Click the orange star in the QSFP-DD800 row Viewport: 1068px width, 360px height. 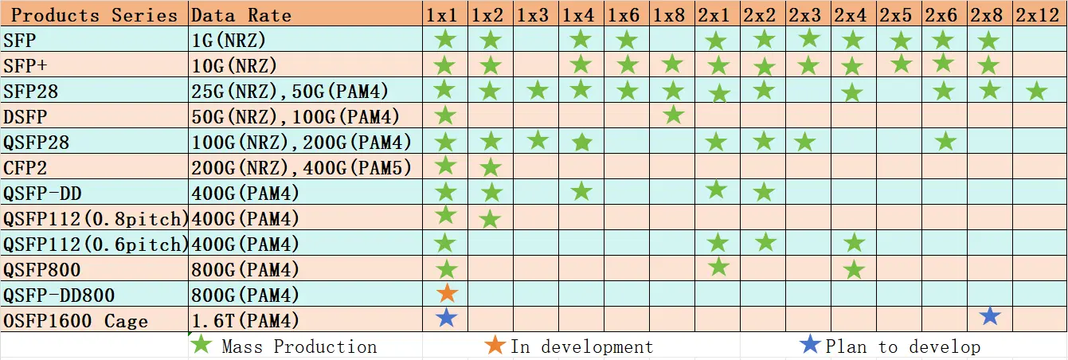click(447, 293)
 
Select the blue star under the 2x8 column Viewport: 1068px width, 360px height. click(989, 316)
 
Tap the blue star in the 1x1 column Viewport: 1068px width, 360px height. click(447, 317)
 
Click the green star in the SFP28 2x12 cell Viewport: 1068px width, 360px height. click(1036, 92)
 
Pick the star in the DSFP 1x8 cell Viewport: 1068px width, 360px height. click(673, 115)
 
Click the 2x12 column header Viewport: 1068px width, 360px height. click(1038, 14)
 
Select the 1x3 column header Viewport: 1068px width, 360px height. click(533, 14)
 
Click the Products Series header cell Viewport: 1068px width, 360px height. click(94, 14)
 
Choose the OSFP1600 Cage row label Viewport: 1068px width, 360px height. click(76, 321)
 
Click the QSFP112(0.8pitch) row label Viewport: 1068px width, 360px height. click(96, 218)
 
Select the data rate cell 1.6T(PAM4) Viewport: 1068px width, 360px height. click(245, 321)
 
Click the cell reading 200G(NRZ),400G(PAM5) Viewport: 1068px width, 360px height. click(302, 167)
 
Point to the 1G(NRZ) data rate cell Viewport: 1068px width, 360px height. click(229, 40)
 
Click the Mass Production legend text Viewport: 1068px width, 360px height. click(299, 346)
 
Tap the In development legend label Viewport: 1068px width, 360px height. click(581, 346)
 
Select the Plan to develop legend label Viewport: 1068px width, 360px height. click(902, 346)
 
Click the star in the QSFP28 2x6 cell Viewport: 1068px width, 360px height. click(945, 142)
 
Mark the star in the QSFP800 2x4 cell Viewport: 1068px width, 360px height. click(854, 270)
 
